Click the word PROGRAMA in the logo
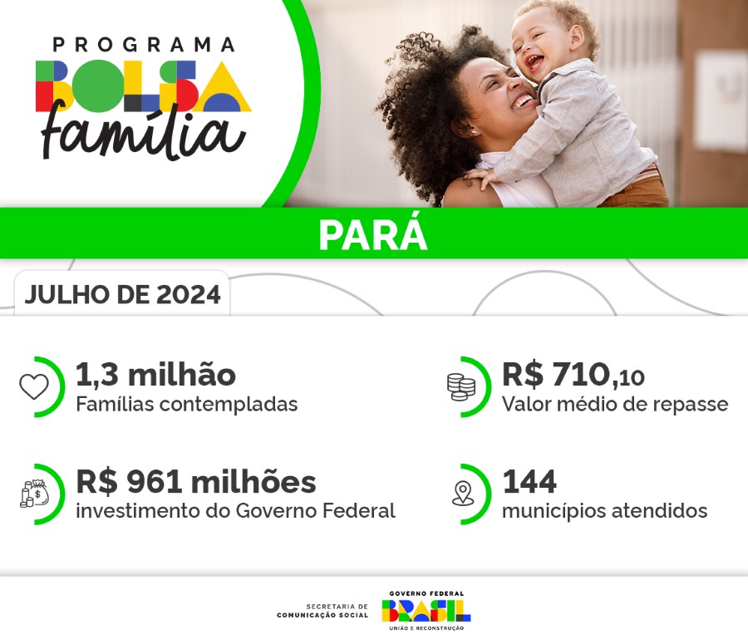coord(143,44)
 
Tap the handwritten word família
coord(143,133)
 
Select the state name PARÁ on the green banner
coord(373,235)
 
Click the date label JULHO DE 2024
coord(122,295)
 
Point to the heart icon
coord(34,386)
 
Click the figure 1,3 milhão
coord(155,375)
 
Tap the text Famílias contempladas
coord(186,405)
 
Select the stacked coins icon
coord(460,386)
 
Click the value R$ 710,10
coord(573,376)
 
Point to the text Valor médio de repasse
coord(614,405)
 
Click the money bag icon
coord(34,494)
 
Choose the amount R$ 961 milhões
coord(195,482)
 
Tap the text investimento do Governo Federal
coord(235,511)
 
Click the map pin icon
coord(462,494)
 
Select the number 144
coord(529,482)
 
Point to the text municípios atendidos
coord(604,511)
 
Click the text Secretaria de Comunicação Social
coord(323,611)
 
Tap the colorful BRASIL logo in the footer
coord(426,610)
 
